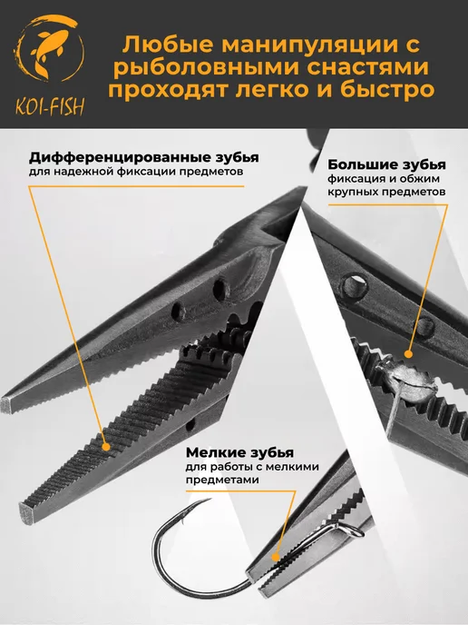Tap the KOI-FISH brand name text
click(x=50, y=106)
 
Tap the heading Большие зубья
click(x=386, y=164)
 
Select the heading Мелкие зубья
click(x=240, y=452)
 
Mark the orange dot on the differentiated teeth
click(x=106, y=447)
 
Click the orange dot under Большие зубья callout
click(x=408, y=354)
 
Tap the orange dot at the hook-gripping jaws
click(x=276, y=557)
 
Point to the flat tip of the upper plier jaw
click(x=6, y=404)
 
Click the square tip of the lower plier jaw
click(x=27, y=513)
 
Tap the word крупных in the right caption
click(x=353, y=192)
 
